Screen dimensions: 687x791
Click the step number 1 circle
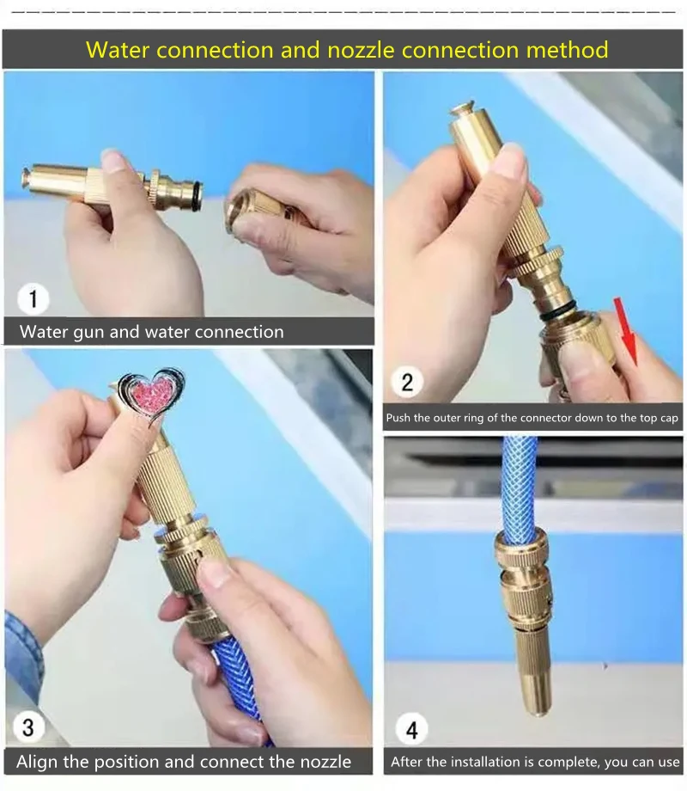[x=33, y=298]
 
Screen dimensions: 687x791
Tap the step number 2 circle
[x=407, y=382]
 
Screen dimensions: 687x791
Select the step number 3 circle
[x=27, y=727]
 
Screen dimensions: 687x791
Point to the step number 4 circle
[x=412, y=729]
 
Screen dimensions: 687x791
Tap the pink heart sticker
[x=151, y=395]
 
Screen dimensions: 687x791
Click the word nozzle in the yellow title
[x=361, y=50]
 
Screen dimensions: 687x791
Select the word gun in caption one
[x=88, y=333]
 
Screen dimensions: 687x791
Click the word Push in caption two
[x=398, y=418]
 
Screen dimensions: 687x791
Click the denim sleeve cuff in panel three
[x=22, y=656]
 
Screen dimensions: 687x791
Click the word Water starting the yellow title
[x=118, y=50]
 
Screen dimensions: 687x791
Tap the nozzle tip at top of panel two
[x=464, y=109]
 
